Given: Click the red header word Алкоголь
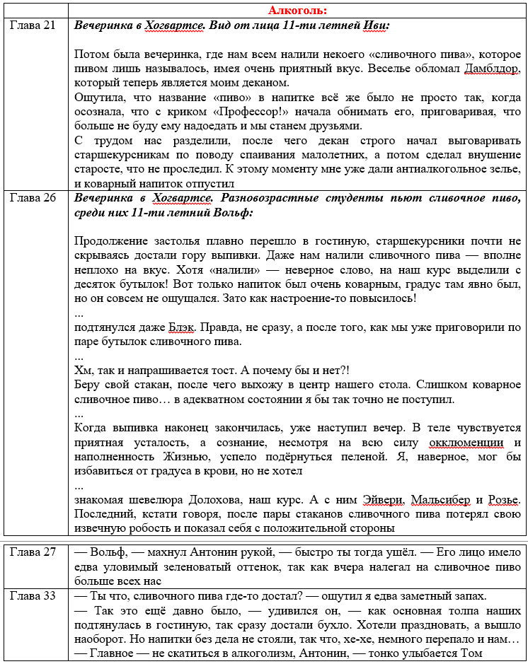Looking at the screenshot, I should [x=297, y=11].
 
